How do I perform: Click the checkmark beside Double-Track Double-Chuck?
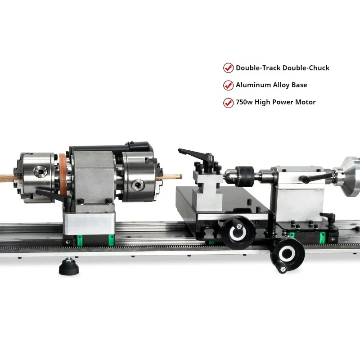click(228, 68)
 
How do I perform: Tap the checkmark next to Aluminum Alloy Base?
click(228, 85)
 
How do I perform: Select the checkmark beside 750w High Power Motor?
click(228, 103)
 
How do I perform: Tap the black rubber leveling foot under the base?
click(69, 267)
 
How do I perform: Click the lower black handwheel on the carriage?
click(287, 254)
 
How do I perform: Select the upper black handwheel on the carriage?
click(238, 232)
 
